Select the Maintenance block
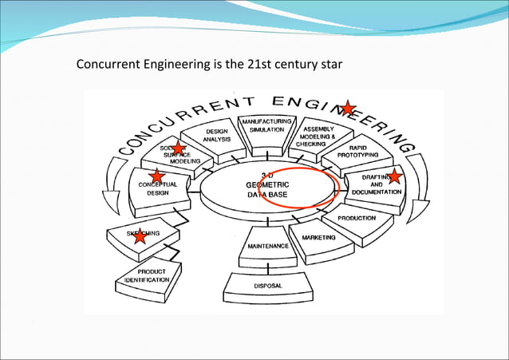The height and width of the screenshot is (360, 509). (267, 247)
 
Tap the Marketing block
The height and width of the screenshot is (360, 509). (318, 237)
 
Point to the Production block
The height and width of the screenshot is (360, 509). (356, 218)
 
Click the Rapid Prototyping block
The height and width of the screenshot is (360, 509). (357, 151)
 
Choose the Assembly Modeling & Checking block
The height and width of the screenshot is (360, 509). (316, 135)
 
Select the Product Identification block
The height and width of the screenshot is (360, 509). (146, 276)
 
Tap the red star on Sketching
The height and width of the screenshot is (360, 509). (140, 235)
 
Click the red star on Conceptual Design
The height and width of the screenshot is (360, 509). (157, 176)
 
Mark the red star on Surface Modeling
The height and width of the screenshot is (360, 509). (179, 148)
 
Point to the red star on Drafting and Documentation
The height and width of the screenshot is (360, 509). (394, 176)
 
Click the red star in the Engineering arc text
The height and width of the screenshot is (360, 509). (348, 107)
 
